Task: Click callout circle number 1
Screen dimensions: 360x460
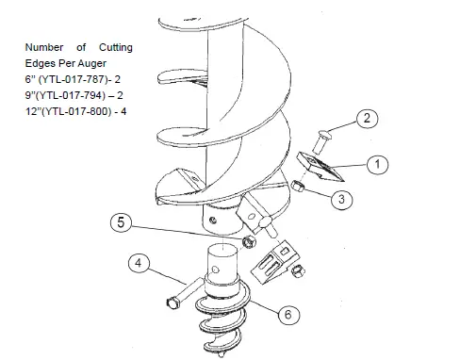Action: coord(376,164)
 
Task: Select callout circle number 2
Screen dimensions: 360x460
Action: coord(368,119)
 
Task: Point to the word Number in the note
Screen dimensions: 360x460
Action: coord(44,47)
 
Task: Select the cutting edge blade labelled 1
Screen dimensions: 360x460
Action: coord(318,166)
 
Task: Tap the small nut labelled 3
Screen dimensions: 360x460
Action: coord(296,187)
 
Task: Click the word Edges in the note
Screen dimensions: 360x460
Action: coord(41,63)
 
